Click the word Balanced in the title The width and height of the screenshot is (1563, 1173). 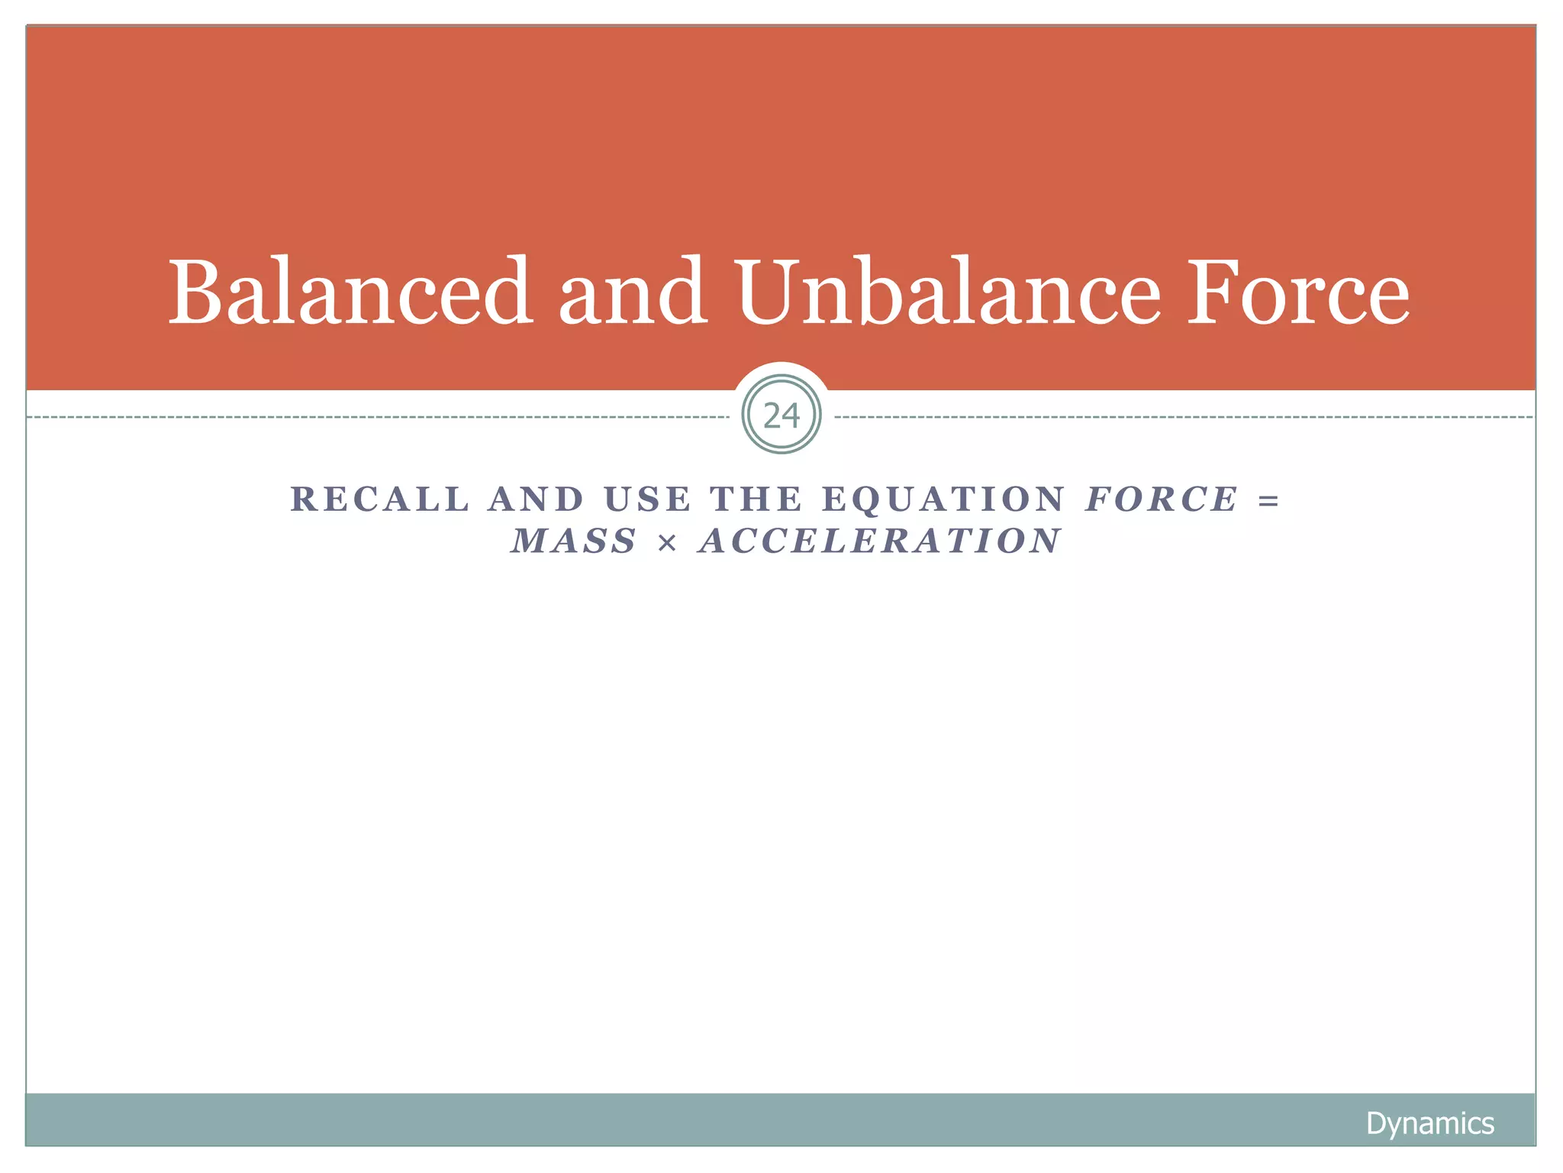point(350,292)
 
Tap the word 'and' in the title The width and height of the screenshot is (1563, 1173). point(633,292)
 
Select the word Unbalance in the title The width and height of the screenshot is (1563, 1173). point(949,292)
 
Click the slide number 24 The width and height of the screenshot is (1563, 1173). point(781,415)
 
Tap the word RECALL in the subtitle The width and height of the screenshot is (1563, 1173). point(380,499)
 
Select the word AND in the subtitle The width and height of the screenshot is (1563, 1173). point(536,499)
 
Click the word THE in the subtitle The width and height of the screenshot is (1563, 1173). point(756,499)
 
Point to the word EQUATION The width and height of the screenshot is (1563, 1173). point(943,499)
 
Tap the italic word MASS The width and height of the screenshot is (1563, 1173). point(574,541)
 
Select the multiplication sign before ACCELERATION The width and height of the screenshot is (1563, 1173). point(667,543)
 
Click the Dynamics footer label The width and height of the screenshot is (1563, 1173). point(1429,1123)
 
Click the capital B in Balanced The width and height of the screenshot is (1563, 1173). point(195,292)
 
